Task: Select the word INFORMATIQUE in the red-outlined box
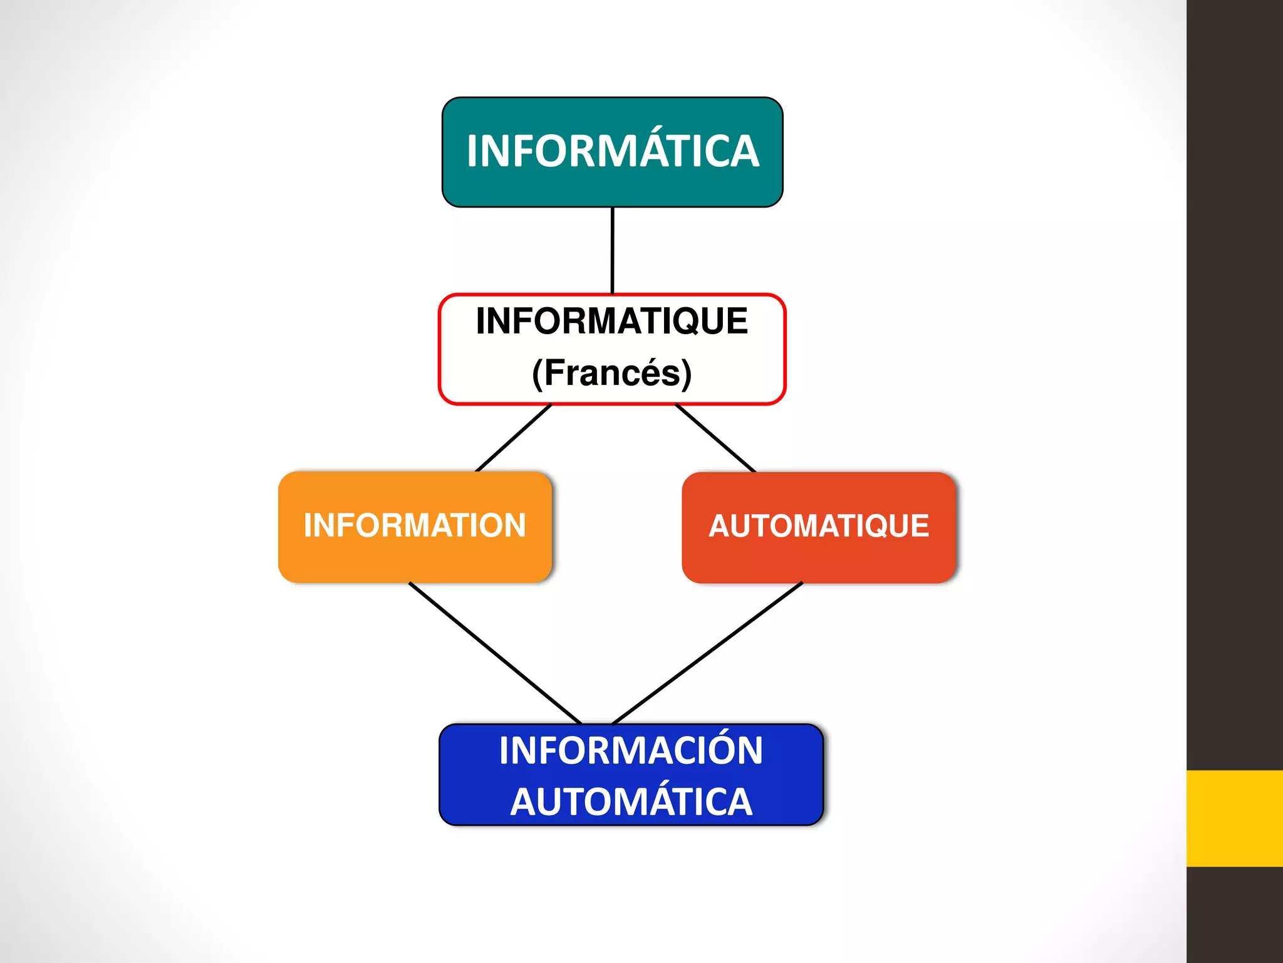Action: (x=612, y=321)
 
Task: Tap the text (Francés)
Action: (x=612, y=373)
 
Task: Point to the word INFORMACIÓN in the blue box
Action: (x=631, y=750)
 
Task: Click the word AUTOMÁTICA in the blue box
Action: (x=631, y=802)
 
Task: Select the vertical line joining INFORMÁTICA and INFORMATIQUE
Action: (x=613, y=251)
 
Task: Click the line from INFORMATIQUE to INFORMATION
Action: (x=514, y=438)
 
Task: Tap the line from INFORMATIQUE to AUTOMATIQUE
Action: (x=715, y=438)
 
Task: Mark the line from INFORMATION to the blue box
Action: (x=495, y=653)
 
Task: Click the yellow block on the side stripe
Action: (x=1234, y=818)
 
